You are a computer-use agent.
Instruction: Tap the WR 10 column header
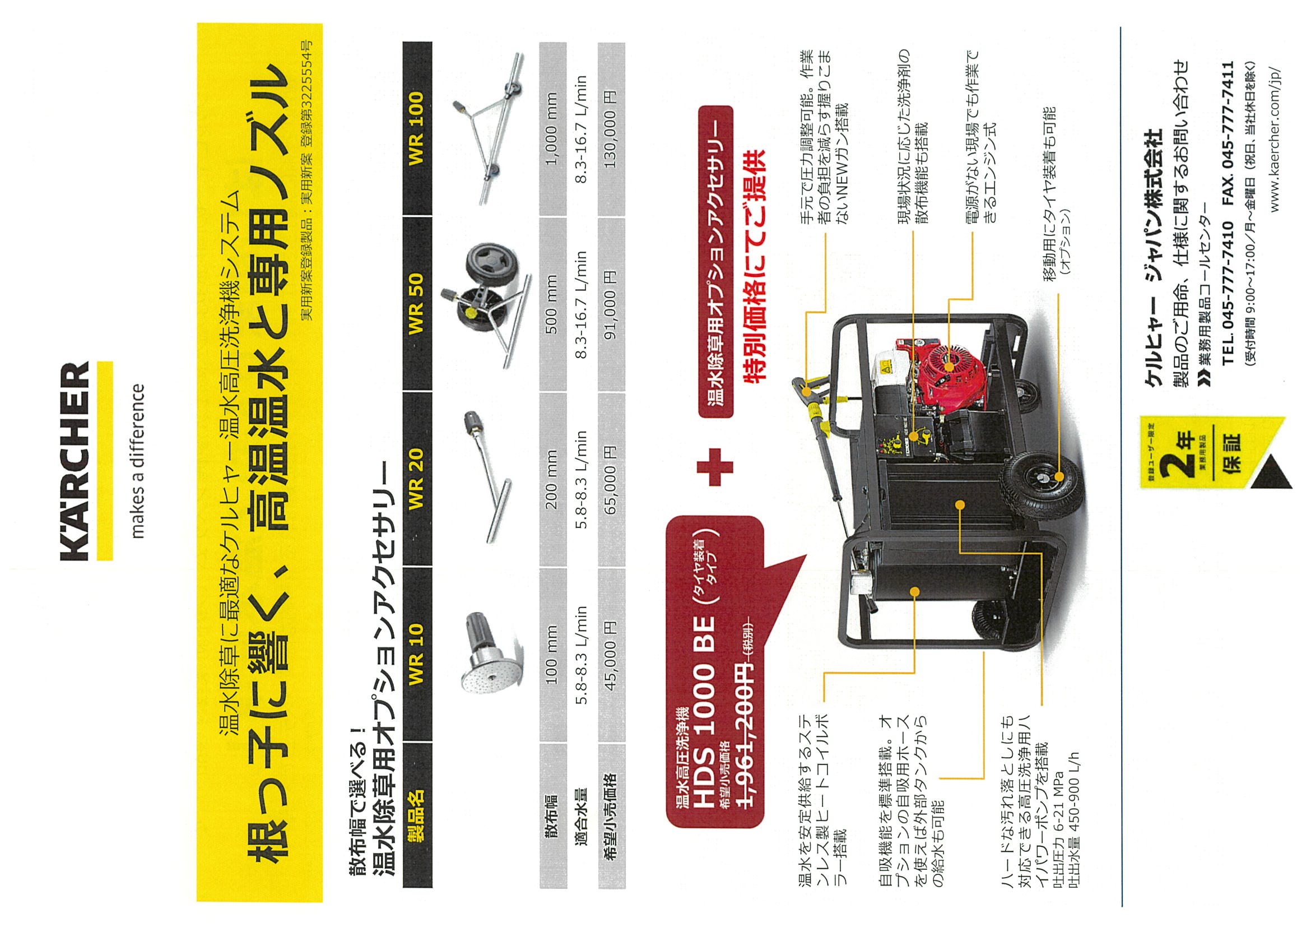click(416, 655)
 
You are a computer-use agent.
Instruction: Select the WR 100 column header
click(416, 128)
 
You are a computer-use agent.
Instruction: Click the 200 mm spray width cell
click(552, 480)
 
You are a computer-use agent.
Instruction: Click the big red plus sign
click(715, 467)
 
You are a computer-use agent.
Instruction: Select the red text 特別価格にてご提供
click(752, 267)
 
